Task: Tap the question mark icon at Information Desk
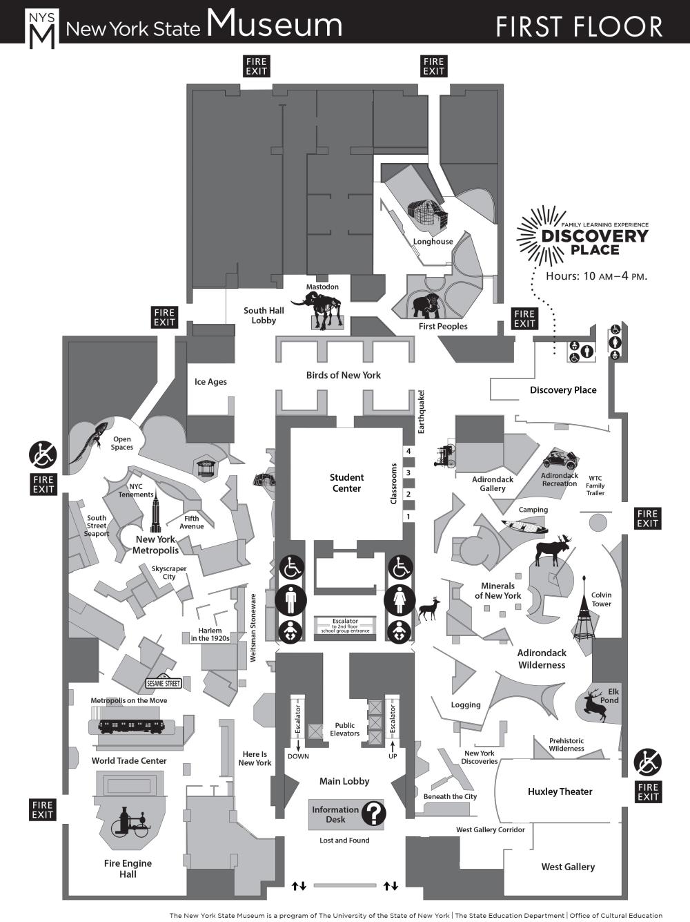373,814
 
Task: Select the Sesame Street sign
164,683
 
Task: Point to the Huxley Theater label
560,791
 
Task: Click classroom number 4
408,451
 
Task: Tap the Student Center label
346,483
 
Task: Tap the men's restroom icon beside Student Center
291,599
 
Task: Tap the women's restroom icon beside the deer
400,599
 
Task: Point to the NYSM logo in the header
41,29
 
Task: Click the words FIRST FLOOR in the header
578,27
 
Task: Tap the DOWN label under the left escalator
298,756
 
